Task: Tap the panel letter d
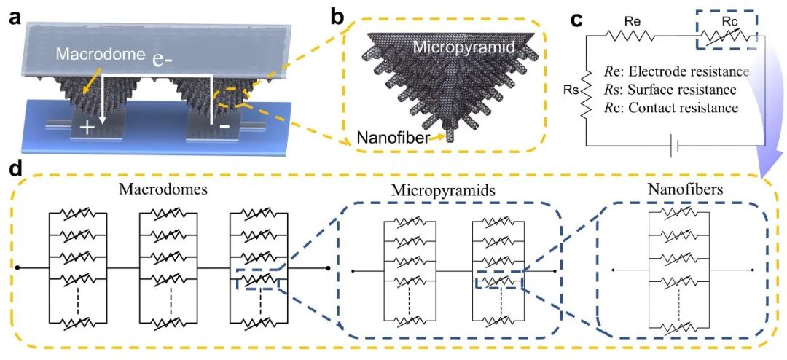coord(13,169)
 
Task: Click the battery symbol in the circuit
coord(674,146)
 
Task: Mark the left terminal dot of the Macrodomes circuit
coord(17,267)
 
